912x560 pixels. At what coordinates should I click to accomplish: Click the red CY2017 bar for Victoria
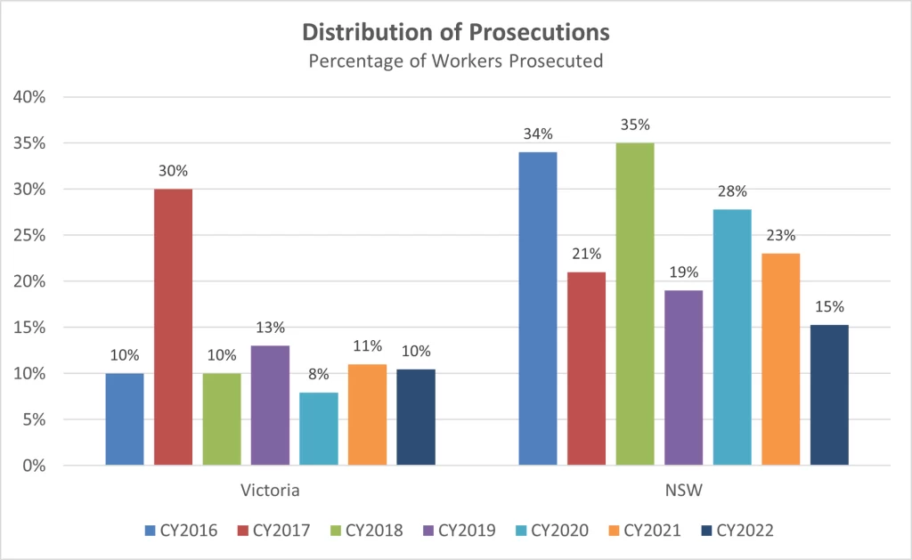[x=173, y=327]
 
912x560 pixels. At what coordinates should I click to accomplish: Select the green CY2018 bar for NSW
[x=634, y=304]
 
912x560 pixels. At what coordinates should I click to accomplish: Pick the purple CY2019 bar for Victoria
[x=270, y=405]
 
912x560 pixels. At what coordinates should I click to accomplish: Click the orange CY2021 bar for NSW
[x=780, y=359]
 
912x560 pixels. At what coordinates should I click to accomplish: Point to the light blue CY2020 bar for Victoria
[x=318, y=428]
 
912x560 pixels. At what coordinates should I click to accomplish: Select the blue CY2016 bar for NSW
[x=537, y=308]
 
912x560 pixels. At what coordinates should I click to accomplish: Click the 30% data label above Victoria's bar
[x=173, y=171]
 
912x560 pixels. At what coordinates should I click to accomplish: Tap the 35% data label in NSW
[x=635, y=125]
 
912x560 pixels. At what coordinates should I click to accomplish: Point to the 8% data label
[x=318, y=374]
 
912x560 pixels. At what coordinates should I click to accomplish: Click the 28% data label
[x=732, y=191]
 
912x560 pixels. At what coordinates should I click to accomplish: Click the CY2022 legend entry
[x=737, y=531]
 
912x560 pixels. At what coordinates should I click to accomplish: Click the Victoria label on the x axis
[x=270, y=491]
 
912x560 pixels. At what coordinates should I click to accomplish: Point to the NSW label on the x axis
[x=684, y=491]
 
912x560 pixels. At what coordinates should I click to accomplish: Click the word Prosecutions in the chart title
[x=540, y=32]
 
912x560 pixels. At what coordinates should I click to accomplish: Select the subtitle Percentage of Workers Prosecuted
[x=456, y=61]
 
